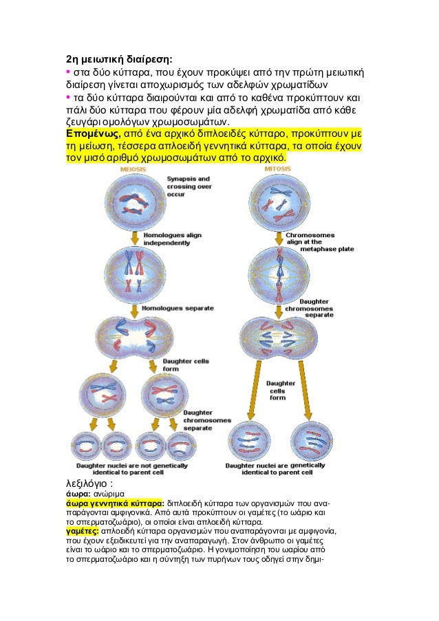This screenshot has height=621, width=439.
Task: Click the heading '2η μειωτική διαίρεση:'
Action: [x=119, y=58]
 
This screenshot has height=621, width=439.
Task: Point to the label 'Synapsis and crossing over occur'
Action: [x=189, y=186]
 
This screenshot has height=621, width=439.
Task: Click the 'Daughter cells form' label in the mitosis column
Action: [x=280, y=390]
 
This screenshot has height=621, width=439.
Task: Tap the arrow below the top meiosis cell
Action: [x=133, y=238]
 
